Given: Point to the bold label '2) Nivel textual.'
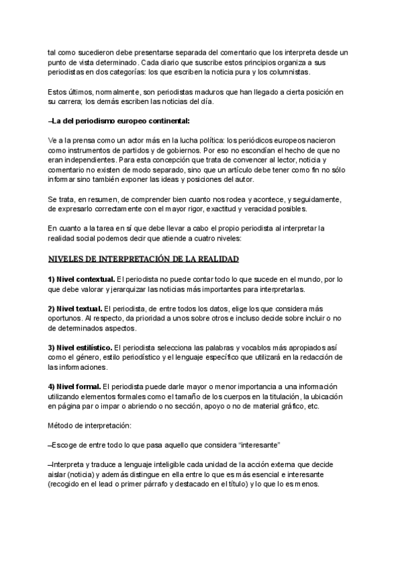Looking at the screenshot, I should pyautogui.click(x=75, y=309).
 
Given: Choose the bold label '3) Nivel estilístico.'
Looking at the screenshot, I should pyautogui.click(x=80, y=348).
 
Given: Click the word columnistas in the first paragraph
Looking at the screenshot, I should pyautogui.click(x=305, y=72).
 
